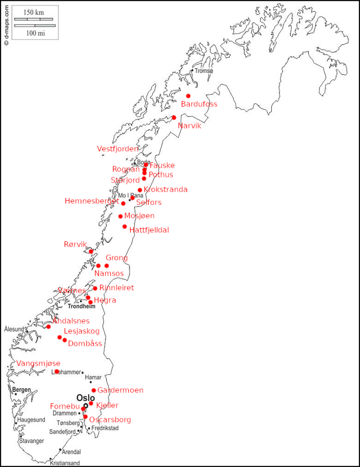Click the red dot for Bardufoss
[x=188, y=96]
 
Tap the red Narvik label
[x=190, y=126]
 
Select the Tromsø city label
[x=204, y=71]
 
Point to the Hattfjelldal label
[x=149, y=230]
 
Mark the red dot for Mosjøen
[x=121, y=217]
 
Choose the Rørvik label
[x=75, y=245]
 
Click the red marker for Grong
[x=106, y=266]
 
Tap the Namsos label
[x=109, y=273]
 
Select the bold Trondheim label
[x=82, y=306]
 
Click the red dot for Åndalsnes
[x=48, y=326]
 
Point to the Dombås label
[x=85, y=344]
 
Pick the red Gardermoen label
[x=120, y=391]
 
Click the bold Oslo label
[x=86, y=398]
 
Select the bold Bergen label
[x=21, y=390]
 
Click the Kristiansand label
[x=65, y=463]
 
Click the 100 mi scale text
[x=35, y=33]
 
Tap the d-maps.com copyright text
[x=6, y=23]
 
